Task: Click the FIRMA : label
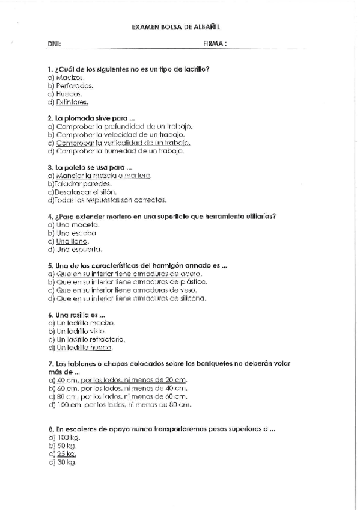pos(215,44)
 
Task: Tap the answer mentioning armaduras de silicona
pos(127,298)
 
